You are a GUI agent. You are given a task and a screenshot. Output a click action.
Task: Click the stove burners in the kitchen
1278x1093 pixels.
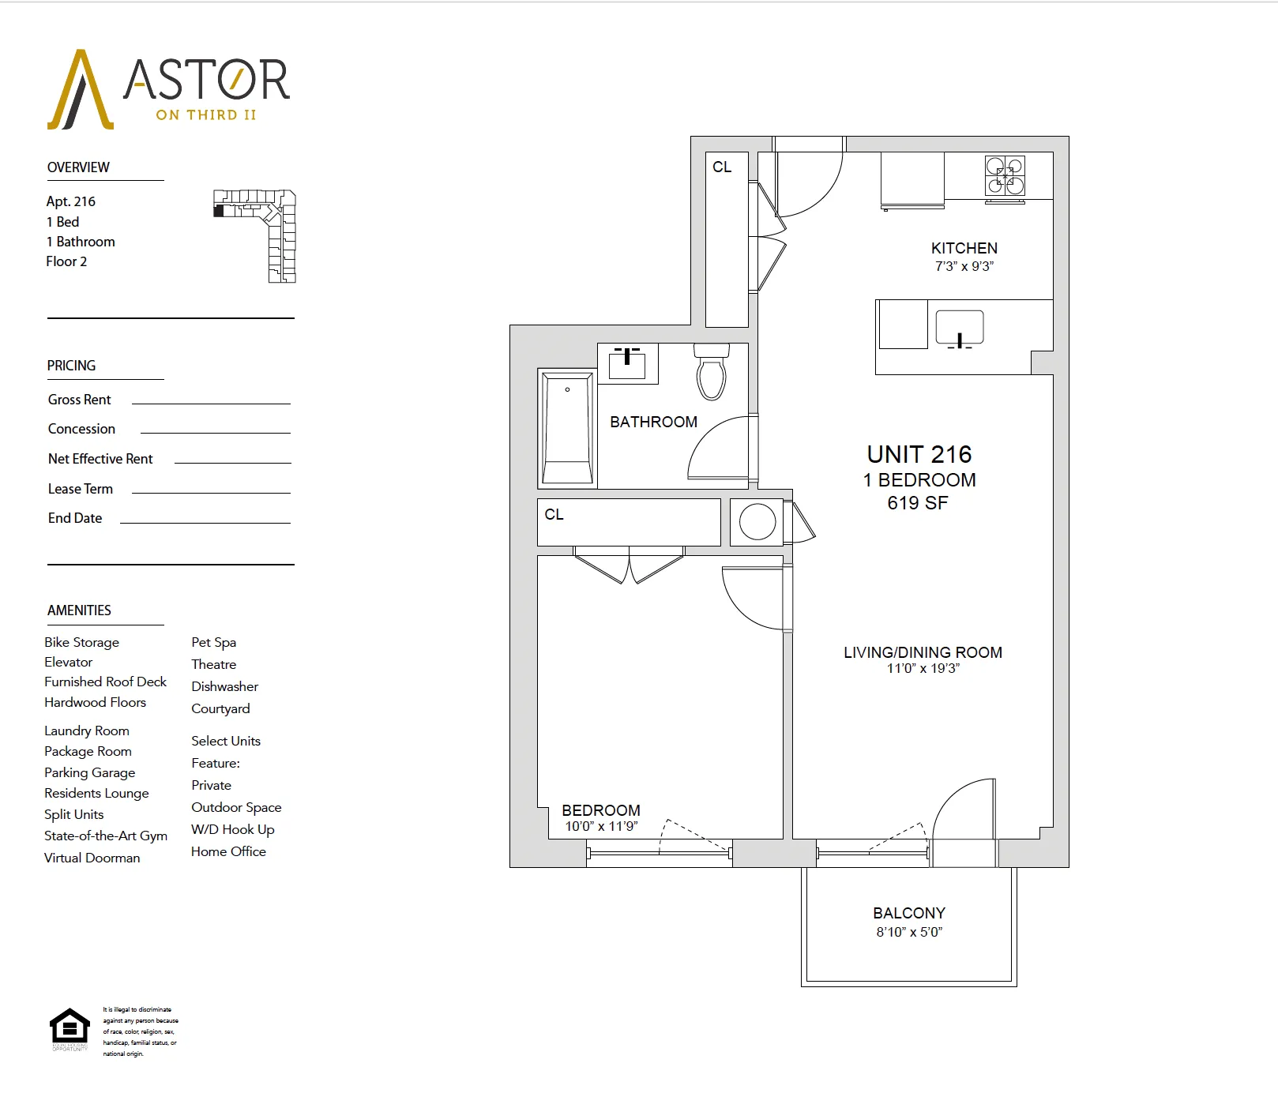(1004, 176)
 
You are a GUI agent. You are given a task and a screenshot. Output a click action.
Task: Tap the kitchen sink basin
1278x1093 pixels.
(959, 326)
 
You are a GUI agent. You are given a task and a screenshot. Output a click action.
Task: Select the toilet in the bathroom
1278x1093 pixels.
(711, 372)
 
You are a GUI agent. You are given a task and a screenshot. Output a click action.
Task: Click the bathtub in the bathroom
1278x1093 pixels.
(567, 428)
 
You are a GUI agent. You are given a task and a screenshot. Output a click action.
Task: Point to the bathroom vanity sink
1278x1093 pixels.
(627, 363)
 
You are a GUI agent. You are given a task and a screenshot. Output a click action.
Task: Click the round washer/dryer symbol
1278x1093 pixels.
(757, 522)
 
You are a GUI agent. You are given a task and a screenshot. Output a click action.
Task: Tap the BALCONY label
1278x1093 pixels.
(908, 913)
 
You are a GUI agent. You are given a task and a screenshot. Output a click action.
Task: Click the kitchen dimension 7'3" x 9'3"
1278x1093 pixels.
(964, 267)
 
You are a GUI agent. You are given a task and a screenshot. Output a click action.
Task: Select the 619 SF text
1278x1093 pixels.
(917, 503)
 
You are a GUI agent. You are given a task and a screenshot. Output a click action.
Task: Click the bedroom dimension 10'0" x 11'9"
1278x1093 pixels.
(600, 827)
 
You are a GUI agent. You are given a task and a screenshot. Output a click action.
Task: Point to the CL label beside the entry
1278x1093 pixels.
(722, 167)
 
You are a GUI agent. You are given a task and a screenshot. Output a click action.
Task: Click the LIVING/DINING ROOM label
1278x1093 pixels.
(923, 652)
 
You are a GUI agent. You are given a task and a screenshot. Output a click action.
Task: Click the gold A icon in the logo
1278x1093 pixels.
(80, 91)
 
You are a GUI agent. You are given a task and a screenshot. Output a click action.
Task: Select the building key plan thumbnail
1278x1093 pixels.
(255, 235)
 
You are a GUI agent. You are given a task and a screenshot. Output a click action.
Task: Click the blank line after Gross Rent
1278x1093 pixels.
(211, 402)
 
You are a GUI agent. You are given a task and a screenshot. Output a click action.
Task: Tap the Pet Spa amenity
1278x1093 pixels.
(213, 642)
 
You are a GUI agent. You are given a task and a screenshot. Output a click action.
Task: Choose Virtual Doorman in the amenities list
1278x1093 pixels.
(92, 858)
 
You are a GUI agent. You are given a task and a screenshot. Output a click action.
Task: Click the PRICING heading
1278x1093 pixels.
(71, 366)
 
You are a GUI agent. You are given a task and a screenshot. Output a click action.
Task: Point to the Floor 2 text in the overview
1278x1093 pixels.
(66, 261)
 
